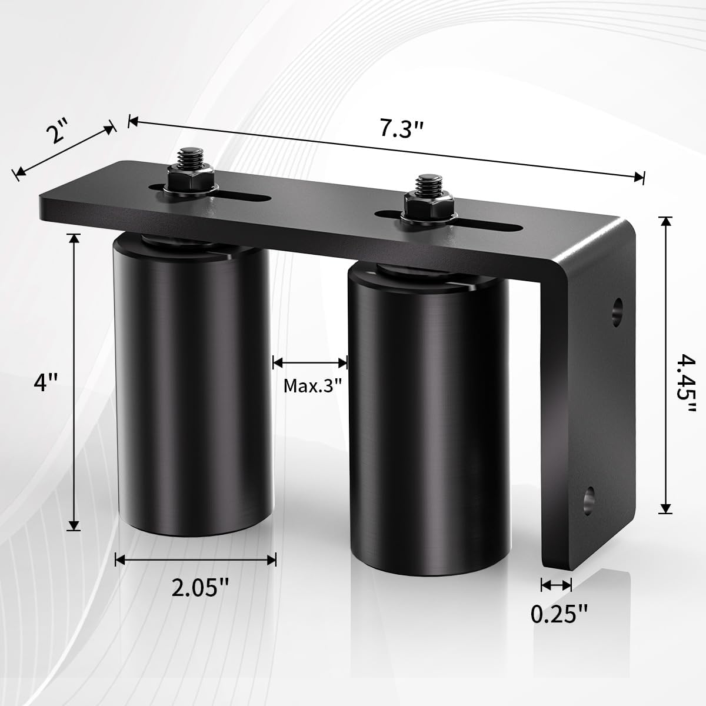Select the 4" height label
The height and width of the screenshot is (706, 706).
click(46, 383)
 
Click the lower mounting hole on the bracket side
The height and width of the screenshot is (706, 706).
click(588, 498)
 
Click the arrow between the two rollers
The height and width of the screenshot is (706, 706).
click(310, 362)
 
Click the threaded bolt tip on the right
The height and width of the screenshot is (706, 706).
click(427, 186)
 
